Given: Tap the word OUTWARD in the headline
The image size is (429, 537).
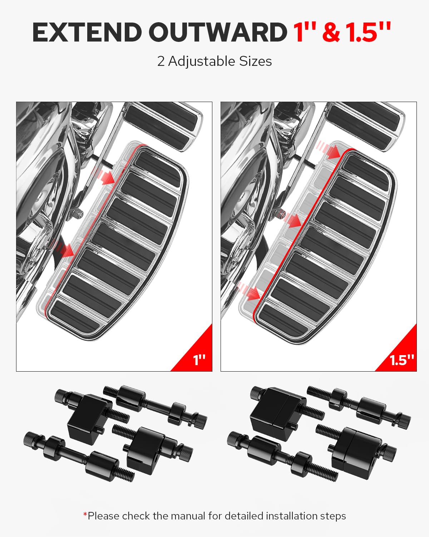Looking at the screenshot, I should coord(217,33).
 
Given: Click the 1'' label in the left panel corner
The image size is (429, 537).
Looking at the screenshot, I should coord(199,360).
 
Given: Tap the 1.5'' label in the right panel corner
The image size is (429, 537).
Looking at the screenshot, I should coord(402,360).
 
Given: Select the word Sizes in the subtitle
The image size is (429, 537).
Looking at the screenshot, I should coord(255,62).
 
